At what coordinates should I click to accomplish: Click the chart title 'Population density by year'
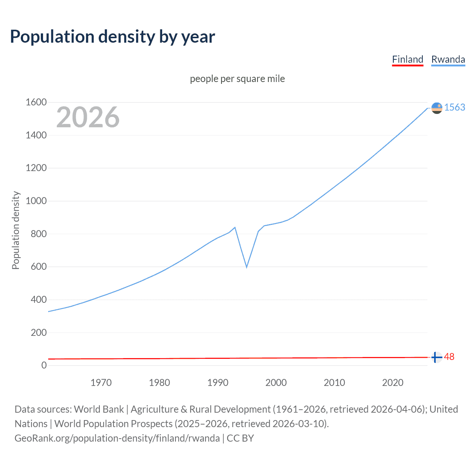[112, 37]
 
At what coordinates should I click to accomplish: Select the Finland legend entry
[407, 59]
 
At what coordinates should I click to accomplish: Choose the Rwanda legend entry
[448, 59]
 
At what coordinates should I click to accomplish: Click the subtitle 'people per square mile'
[237, 79]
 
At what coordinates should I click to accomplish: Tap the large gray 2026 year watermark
[88, 117]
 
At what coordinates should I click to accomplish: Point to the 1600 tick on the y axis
[36, 102]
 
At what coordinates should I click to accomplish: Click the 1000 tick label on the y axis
[36, 201]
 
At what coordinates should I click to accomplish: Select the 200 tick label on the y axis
[39, 332]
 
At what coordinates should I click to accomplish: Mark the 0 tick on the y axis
[44, 365]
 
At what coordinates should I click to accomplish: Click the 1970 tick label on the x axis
[101, 383]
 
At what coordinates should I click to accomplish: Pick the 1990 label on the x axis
[218, 383]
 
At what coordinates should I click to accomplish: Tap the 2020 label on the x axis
[393, 383]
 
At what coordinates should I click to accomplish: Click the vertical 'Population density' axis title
[16, 230]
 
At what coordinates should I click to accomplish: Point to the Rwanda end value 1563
[455, 107]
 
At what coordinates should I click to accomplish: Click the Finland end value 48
[449, 357]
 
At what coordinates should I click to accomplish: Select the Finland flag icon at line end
[437, 357]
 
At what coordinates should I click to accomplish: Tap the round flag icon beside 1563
[437, 108]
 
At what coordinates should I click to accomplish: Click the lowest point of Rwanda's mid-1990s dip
[246, 267]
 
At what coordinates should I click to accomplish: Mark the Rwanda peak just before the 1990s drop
[235, 227]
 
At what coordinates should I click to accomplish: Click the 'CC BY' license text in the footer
[240, 438]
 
